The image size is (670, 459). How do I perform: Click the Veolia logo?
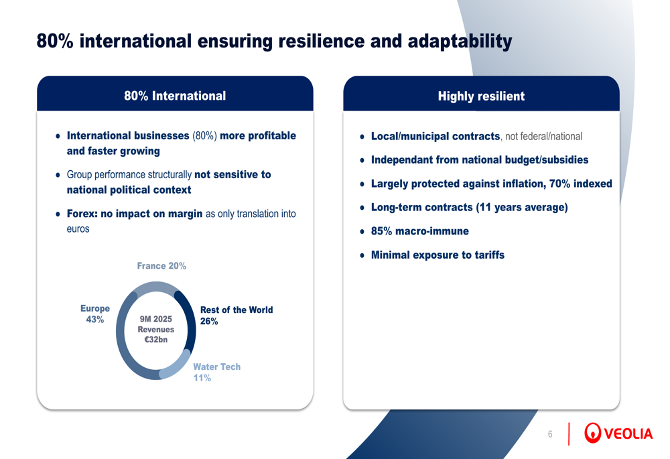point(618,433)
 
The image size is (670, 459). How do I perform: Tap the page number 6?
point(550,434)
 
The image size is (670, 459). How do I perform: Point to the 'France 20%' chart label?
point(161,266)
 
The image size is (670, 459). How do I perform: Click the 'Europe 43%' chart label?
point(95,314)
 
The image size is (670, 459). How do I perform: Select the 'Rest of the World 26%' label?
point(237,316)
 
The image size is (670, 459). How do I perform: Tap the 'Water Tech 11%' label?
point(216,373)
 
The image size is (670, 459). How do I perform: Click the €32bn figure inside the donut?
point(156,340)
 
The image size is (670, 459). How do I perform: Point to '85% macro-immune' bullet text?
point(419,231)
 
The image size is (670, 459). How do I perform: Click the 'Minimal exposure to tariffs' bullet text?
point(438,255)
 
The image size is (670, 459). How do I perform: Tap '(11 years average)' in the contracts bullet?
point(522,208)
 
